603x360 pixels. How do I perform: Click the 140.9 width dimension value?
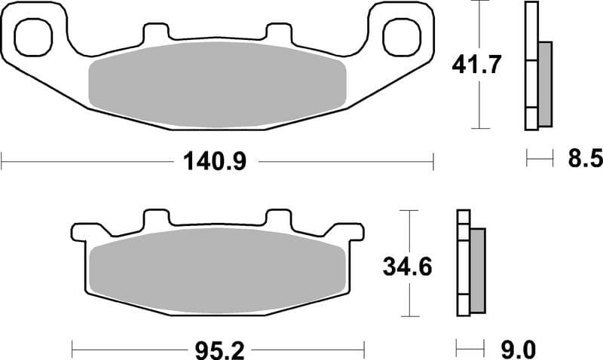coord(216,160)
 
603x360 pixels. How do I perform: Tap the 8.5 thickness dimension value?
coord(581,159)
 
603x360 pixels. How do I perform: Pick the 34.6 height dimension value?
coord(406,265)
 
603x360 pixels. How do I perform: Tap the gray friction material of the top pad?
coord(217,83)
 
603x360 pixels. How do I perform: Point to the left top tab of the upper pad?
coord(155,34)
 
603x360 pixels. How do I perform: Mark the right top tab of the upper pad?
coord(278,34)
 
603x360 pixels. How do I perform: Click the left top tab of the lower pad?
coord(155,219)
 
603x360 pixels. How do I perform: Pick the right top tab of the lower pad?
coord(278,219)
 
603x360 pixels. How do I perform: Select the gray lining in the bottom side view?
coord(477,270)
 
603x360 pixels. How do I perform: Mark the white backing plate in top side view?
coord(531,68)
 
